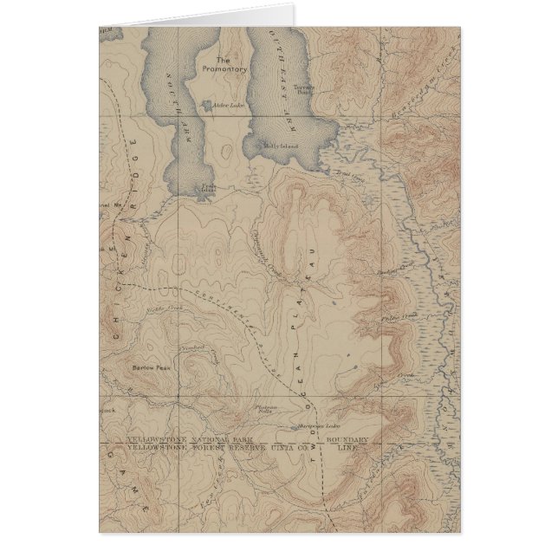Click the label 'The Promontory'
click(x=230, y=64)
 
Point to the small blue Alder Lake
click(x=206, y=106)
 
